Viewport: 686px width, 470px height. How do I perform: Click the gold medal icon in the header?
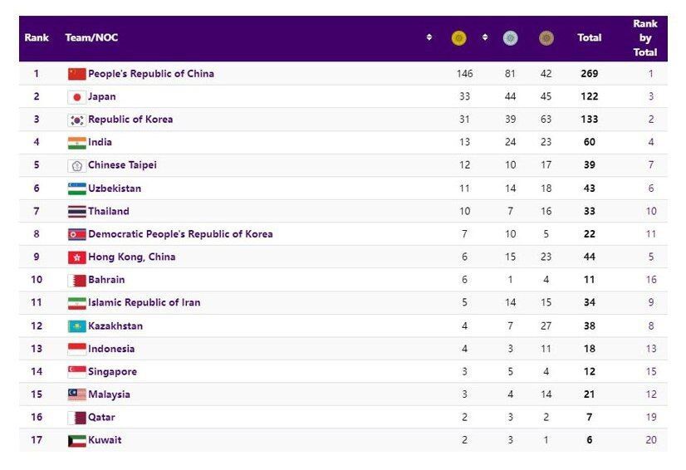tap(458, 37)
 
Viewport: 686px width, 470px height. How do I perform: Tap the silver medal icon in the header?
tap(510, 37)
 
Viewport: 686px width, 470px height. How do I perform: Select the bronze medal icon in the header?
tap(546, 37)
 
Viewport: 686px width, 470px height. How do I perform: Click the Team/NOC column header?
tap(91, 37)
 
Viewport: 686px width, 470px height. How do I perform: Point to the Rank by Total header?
tap(644, 38)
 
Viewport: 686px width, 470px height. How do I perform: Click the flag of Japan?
tap(76, 96)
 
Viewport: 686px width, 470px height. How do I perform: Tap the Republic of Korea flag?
tap(76, 120)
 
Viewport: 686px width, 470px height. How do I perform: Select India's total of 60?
tap(590, 142)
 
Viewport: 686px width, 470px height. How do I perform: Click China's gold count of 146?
tap(464, 74)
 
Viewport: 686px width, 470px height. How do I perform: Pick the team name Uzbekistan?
tap(115, 188)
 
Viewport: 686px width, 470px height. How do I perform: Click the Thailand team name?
tap(109, 211)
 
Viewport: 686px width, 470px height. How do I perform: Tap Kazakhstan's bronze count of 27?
tap(546, 326)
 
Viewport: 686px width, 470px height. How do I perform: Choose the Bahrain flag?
tap(76, 280)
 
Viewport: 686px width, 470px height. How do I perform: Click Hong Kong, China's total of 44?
tap(590, 257)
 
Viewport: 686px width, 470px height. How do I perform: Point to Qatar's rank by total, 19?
tap(650, 417)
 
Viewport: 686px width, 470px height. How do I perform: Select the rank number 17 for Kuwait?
tap(37, 440)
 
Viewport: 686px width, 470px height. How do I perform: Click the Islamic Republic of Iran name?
tap(144, 302)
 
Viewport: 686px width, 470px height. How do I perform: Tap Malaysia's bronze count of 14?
tap(546, 394)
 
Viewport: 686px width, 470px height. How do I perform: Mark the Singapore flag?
tap(76, 371)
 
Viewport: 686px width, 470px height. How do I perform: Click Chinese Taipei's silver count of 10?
tap(510, 165)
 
